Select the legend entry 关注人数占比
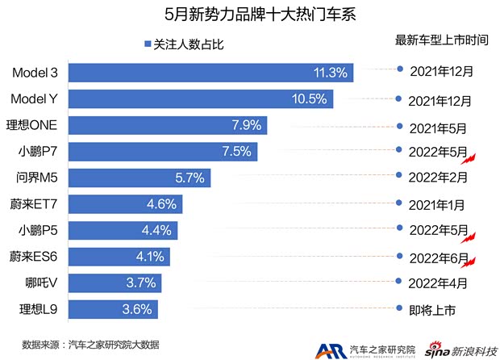point(182,44)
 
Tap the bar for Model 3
point(210,73)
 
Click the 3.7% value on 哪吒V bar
point(144,283)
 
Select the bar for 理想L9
point(113,309)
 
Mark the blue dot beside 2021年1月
point(400,204)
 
